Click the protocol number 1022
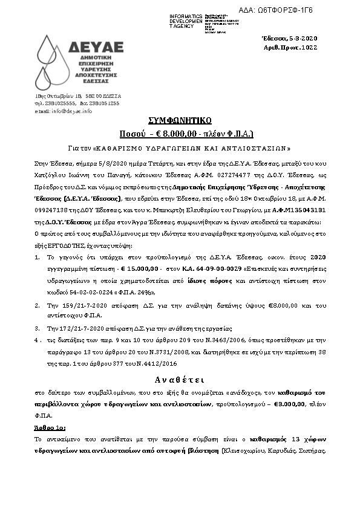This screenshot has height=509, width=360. (309, 47)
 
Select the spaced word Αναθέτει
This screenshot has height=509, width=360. (180, 381)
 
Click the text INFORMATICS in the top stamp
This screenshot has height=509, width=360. (187, 15)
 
